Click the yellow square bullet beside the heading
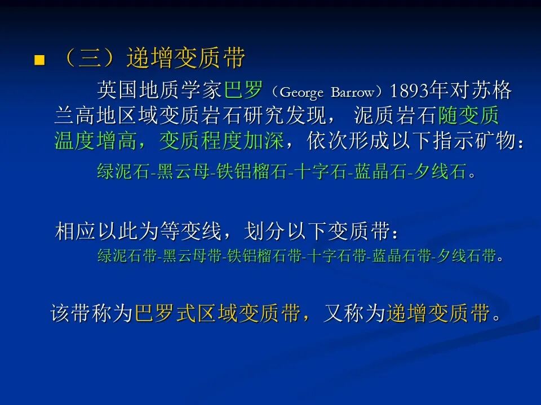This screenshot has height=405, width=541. (x=39, y=60)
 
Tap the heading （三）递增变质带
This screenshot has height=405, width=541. (x=153, y=57)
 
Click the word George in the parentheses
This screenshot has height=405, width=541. (x=301, y=92)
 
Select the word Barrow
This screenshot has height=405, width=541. (x=353, y=92)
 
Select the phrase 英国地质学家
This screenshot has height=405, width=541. (x=159, y=90)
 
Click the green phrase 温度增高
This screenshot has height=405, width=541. (x=95, y=141)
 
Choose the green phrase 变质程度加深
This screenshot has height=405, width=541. (x=221, y=141)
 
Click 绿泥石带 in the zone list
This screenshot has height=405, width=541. (x=127, y=256)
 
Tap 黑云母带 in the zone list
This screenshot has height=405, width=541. (x=192, y=256)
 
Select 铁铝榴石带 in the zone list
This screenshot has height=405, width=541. (x=264, y=256)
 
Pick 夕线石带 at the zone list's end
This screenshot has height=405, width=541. (x=466, y=256)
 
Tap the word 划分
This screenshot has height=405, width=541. (x=264, y=231)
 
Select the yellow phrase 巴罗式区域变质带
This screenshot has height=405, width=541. (x=218, y=313)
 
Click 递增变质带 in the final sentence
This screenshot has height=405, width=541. (x=438, y=313)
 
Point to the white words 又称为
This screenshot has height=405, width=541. (x=354, y=313)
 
